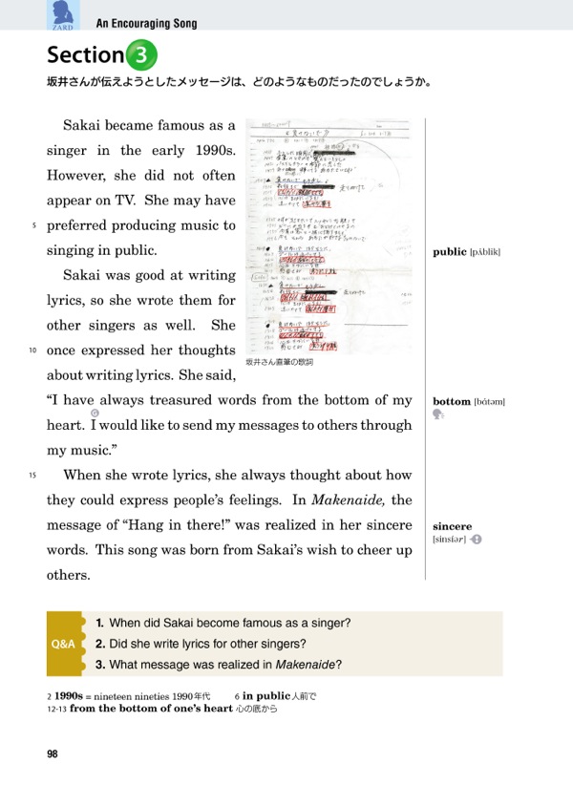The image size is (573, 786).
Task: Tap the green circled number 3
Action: (140, 55)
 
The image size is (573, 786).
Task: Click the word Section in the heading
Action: (85, 55)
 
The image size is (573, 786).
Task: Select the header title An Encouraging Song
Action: (146, 24)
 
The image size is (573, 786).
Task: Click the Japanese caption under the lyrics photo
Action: (280, 363)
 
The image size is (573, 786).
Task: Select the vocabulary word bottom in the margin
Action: (452, 402)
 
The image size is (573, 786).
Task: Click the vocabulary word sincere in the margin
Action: (452, 526)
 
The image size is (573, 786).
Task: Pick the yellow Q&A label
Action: (63, 644)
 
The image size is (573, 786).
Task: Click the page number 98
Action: (53, 754)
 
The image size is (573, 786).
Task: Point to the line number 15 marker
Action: (32, 476)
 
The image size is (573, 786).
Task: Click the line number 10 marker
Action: (32, 351)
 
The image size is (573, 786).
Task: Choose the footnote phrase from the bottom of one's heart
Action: (151, 709)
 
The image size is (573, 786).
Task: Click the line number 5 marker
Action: (33, 226)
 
